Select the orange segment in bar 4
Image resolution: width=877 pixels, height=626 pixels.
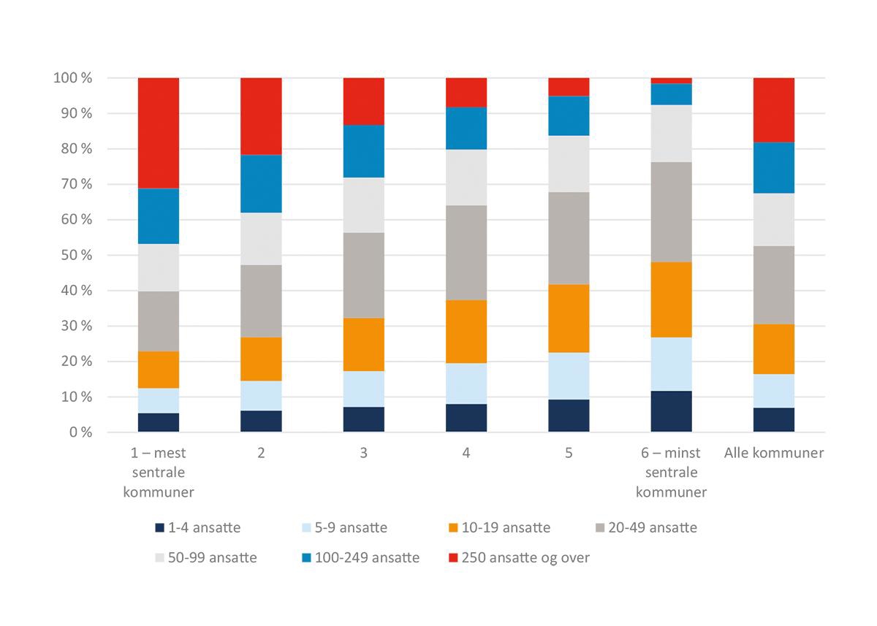point(466,332)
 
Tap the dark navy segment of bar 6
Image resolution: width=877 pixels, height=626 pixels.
point(672,412)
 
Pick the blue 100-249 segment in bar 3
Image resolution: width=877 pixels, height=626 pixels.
point(364,151)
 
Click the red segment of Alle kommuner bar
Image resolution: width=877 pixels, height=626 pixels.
point(774,110)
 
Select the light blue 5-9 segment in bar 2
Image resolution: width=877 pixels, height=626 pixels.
point(261,396)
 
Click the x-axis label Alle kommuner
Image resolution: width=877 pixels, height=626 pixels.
point(774,454)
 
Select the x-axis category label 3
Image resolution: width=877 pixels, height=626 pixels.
point(364,454)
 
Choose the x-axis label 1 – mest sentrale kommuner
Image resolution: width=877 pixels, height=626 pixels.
point(159,473)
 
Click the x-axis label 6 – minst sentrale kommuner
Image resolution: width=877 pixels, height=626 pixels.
point(672,473)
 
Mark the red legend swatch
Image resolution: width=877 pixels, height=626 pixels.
point(453,558)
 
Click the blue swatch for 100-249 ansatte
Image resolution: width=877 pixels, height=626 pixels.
point(305,558)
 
